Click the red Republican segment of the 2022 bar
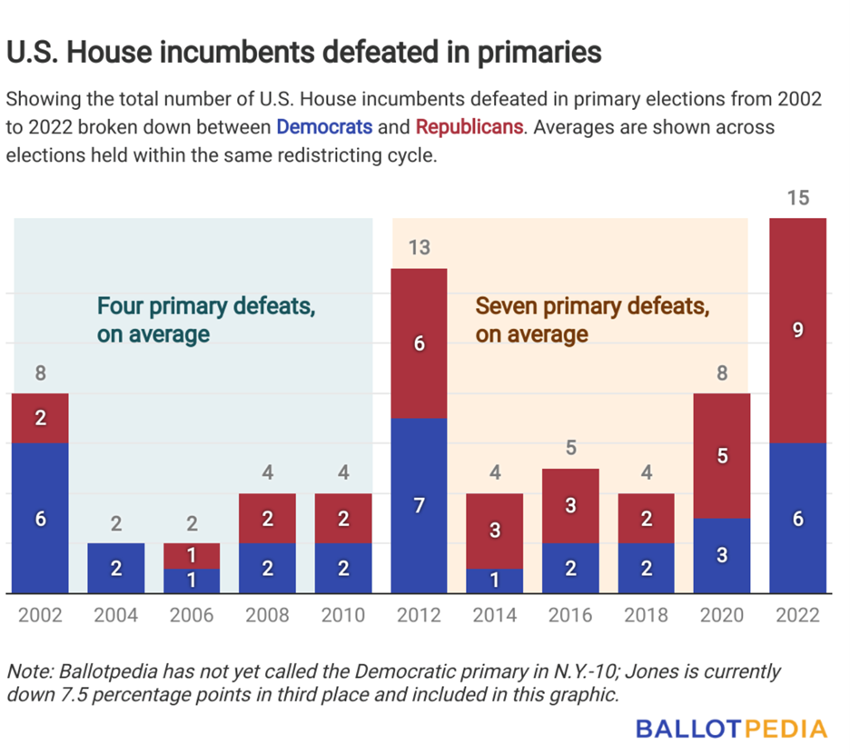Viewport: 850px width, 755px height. [x=797, y=331]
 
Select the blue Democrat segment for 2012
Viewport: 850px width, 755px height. [x=419, y=505]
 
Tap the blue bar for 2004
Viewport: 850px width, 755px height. [x=116, y=568]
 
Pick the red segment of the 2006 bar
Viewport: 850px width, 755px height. [x=192, y=555]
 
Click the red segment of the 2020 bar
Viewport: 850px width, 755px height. [x=722, y=456]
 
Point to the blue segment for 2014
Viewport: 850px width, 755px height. [x=495, y=581]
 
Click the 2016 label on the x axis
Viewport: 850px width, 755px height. [x=570, y=616]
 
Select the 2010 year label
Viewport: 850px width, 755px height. [x=343, y=616]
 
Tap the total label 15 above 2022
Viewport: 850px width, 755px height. [x=797, y=197]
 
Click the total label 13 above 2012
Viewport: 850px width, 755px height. [x=419, y=247]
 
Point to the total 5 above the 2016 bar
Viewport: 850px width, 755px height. [x=570, y=448]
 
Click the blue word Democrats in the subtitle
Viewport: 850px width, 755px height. [x=324, y=126]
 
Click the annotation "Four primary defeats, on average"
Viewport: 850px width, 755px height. [x=206, y=320]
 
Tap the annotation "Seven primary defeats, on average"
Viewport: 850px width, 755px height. [x=591, y=320]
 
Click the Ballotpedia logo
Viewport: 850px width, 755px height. [x=731, y=729]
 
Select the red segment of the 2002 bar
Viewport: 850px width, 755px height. [x=40, y=418]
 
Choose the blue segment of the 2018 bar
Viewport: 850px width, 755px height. [x=646, y=568]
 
